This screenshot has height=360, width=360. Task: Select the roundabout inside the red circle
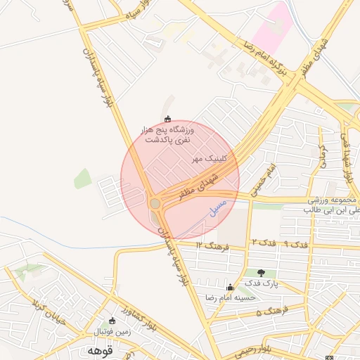tap(155, 204)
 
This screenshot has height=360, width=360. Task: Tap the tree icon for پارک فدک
tap(262, 273)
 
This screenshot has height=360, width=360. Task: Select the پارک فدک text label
tap(262, 284)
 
